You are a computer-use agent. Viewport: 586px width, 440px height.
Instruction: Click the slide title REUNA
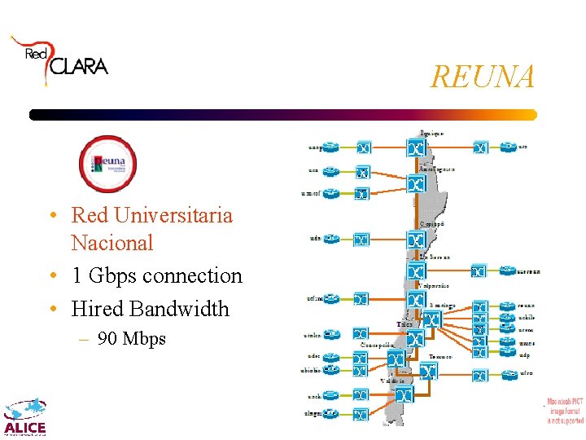[483, 77]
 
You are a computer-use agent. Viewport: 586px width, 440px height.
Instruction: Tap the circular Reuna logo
[107, 163]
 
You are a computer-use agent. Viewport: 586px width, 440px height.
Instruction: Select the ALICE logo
[25, 417]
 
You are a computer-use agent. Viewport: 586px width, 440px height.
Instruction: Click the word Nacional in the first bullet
[112, 243]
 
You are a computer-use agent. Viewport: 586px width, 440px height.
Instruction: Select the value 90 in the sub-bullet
[107, 338]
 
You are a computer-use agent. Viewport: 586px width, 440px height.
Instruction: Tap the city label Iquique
[431, 132]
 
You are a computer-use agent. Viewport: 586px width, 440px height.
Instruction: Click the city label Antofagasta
[436, 169]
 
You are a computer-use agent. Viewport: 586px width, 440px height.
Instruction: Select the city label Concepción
[378, 345]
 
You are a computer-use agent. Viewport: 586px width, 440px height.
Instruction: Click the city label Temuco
[441, 357]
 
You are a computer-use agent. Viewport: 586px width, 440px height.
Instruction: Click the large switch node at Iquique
[416, 148]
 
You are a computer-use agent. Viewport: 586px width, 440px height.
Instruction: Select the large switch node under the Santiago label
[431, 319]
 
